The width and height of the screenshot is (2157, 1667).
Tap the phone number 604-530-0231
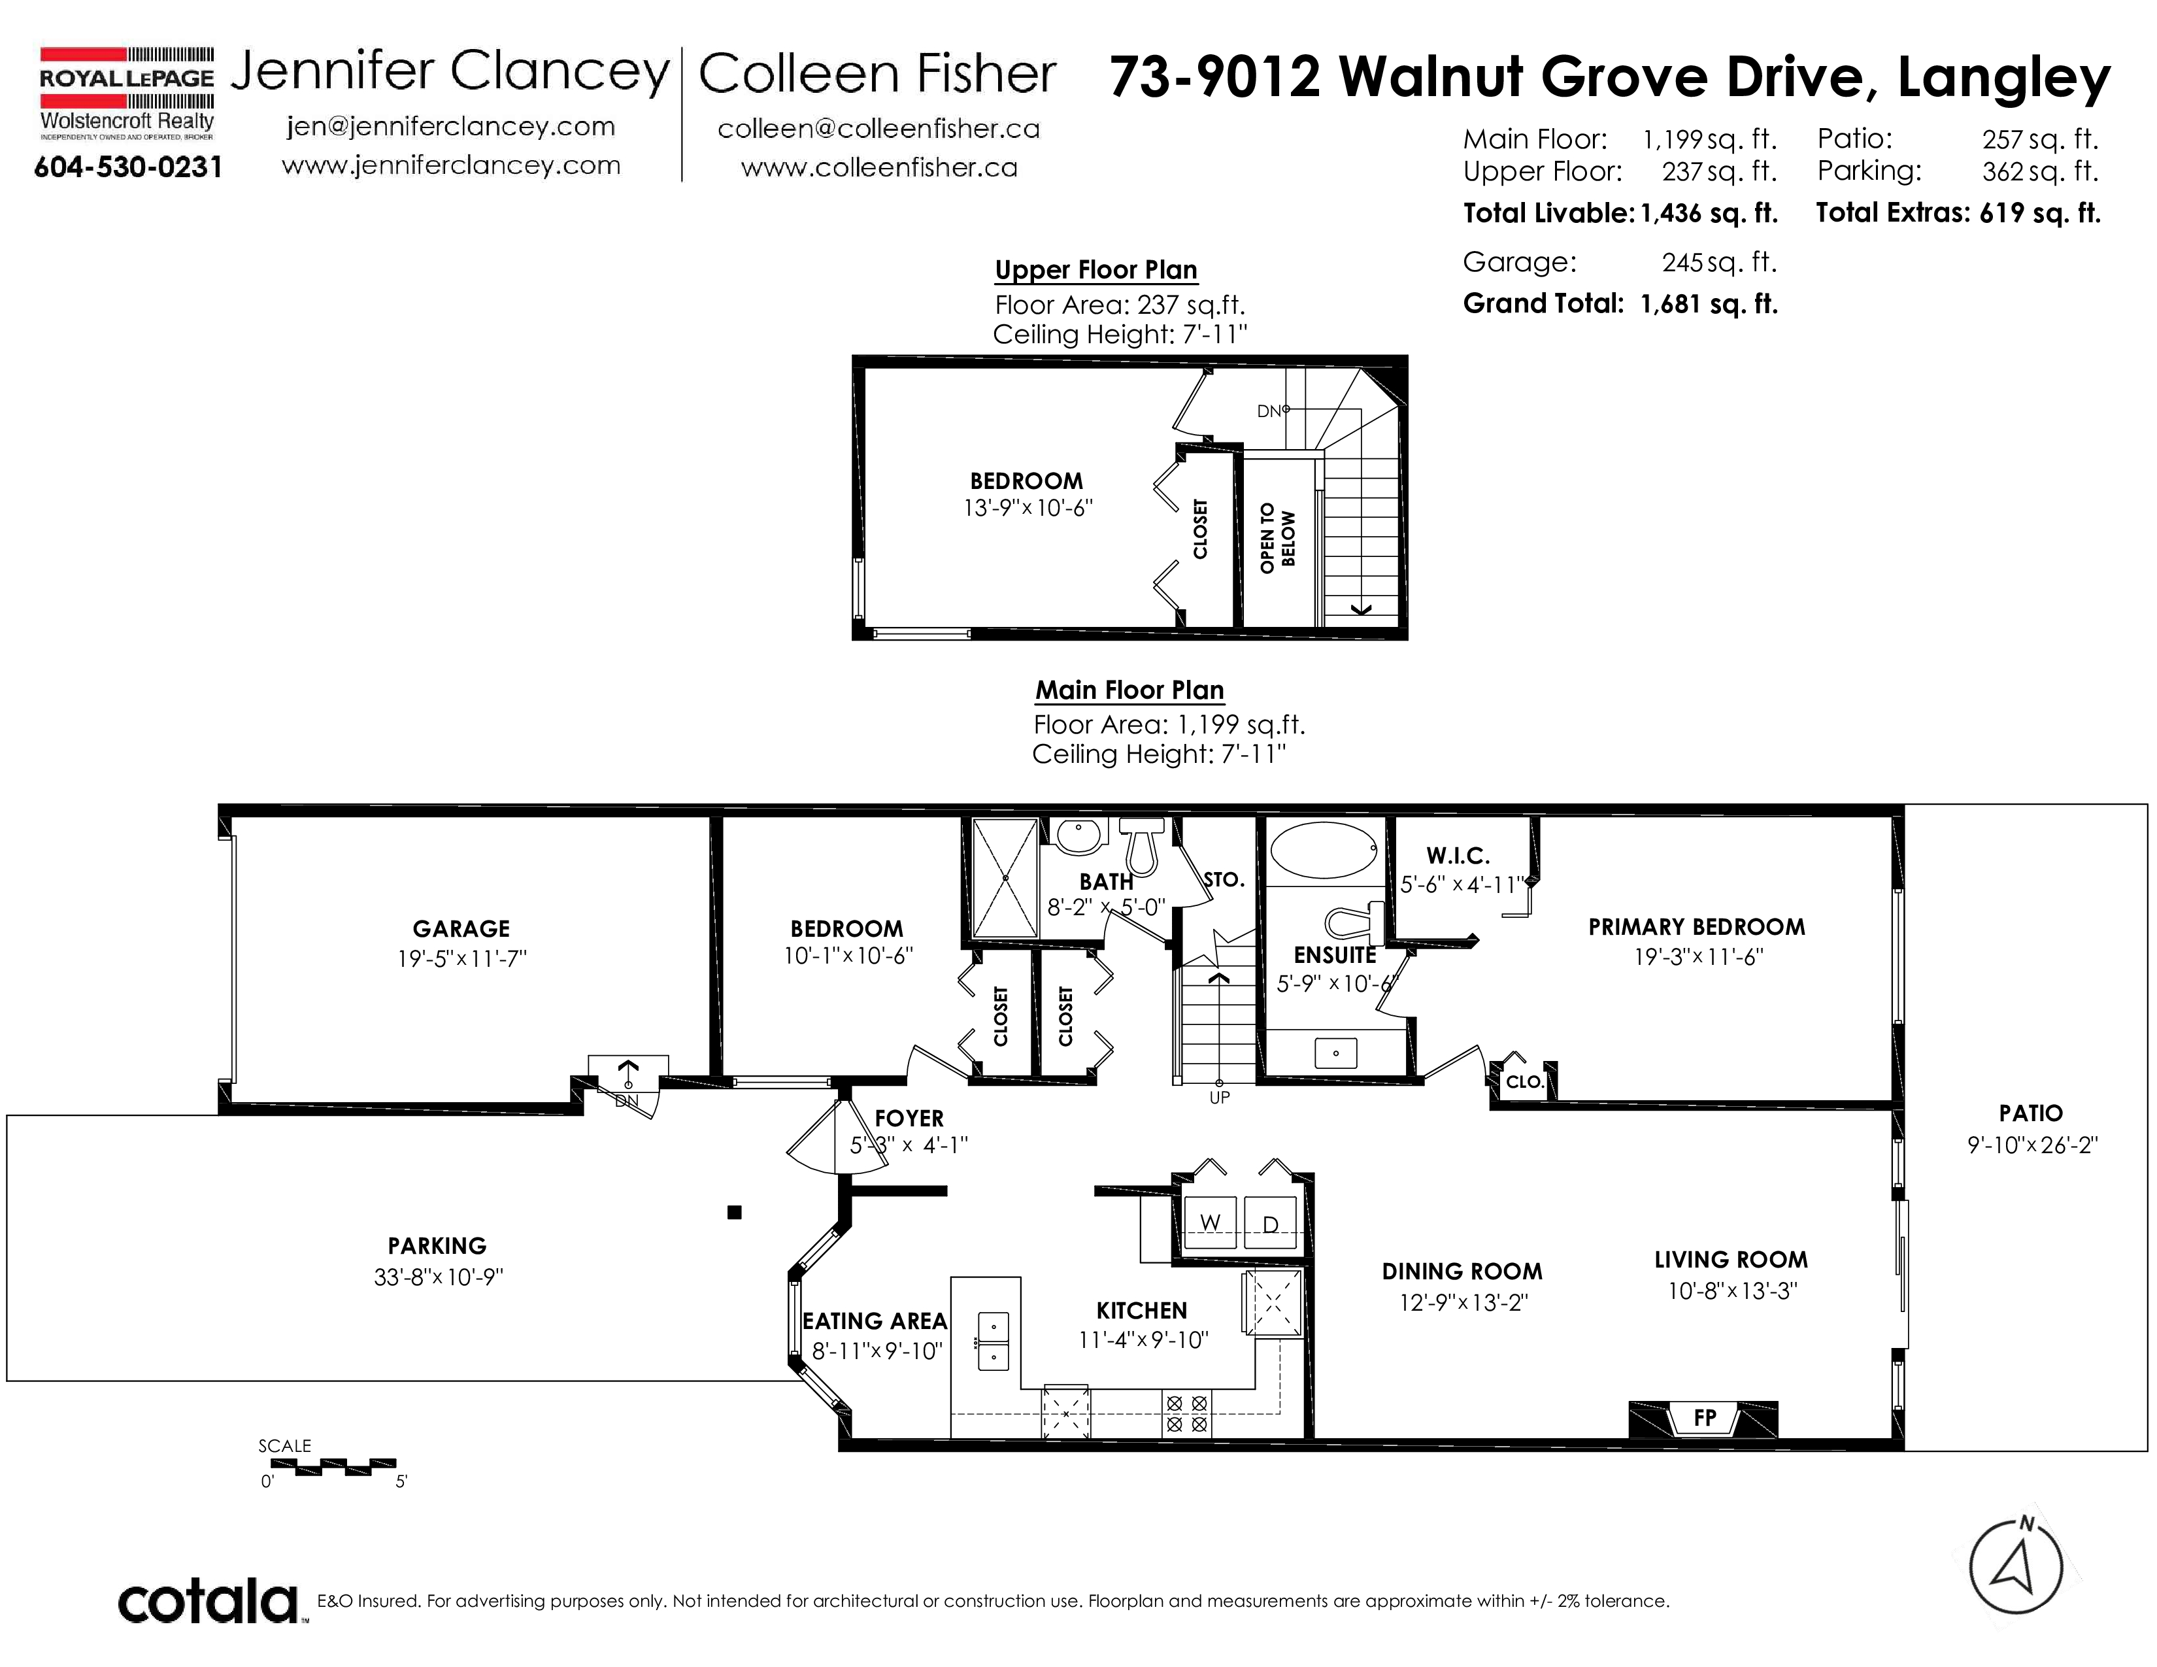[x=128, y=167]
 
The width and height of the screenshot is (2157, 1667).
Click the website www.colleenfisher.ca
[x=879, y=168]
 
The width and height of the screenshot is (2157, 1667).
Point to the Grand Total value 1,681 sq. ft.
[x=1709, y=303]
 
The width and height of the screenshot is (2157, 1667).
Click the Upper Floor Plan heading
[x=1096, y=269]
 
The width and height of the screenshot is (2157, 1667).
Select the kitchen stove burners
[x=1186, y=1413]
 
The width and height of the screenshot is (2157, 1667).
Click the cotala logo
[x=209, y=1601]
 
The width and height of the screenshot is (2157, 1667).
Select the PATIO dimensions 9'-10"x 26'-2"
[x=2032, y=1145]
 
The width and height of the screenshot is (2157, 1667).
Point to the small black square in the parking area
[x=734, y=1213]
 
